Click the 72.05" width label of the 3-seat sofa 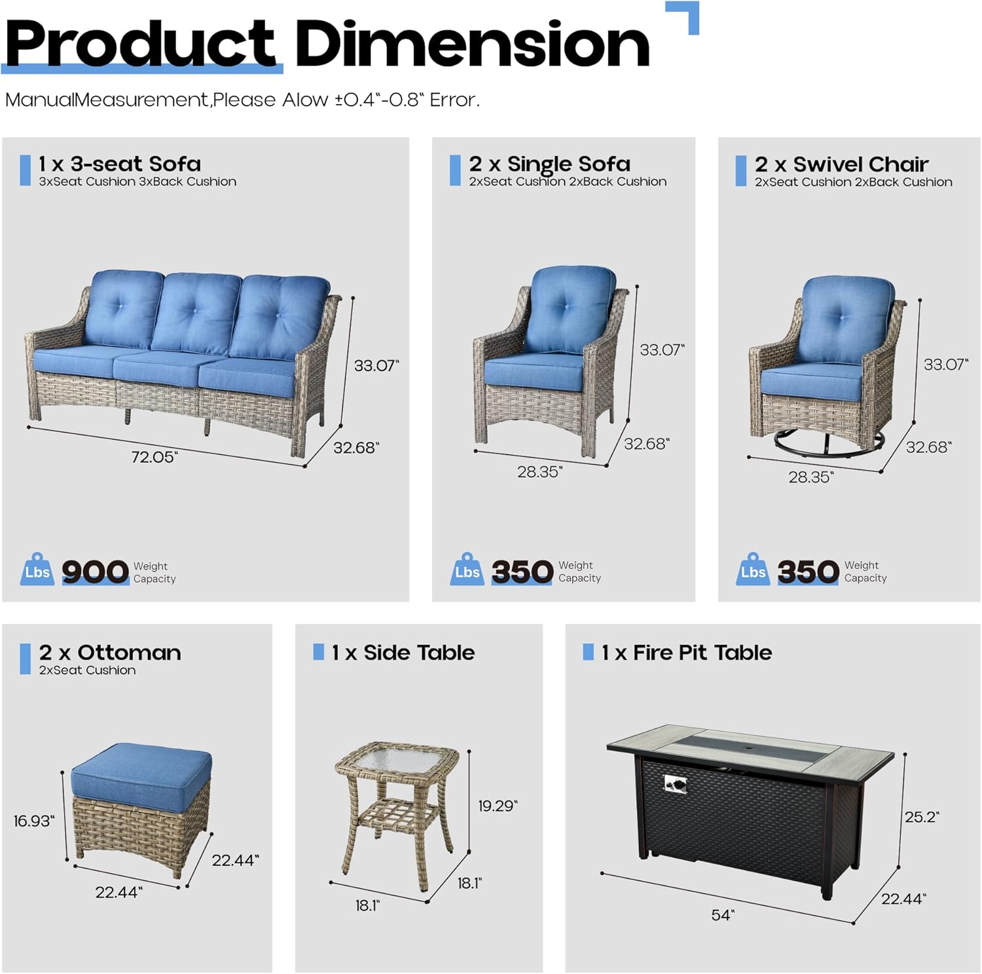[155, 457]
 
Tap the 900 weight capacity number [95, 571]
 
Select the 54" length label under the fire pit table [723, 914]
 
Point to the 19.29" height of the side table [498, 806]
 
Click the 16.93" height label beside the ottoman [34, 820]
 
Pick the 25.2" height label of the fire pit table [922, 817]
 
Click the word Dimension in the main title [471, 45]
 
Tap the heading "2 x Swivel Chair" [841, 164]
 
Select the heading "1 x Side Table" [403, 653]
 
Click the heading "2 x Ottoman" [109, 653]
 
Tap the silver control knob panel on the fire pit [674, 784]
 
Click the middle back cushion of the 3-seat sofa [196, 312]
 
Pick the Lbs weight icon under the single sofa [467, 570]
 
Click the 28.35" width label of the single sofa [539, 472]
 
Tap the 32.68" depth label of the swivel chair [928, 447]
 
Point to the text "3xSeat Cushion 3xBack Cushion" [137, 182]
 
